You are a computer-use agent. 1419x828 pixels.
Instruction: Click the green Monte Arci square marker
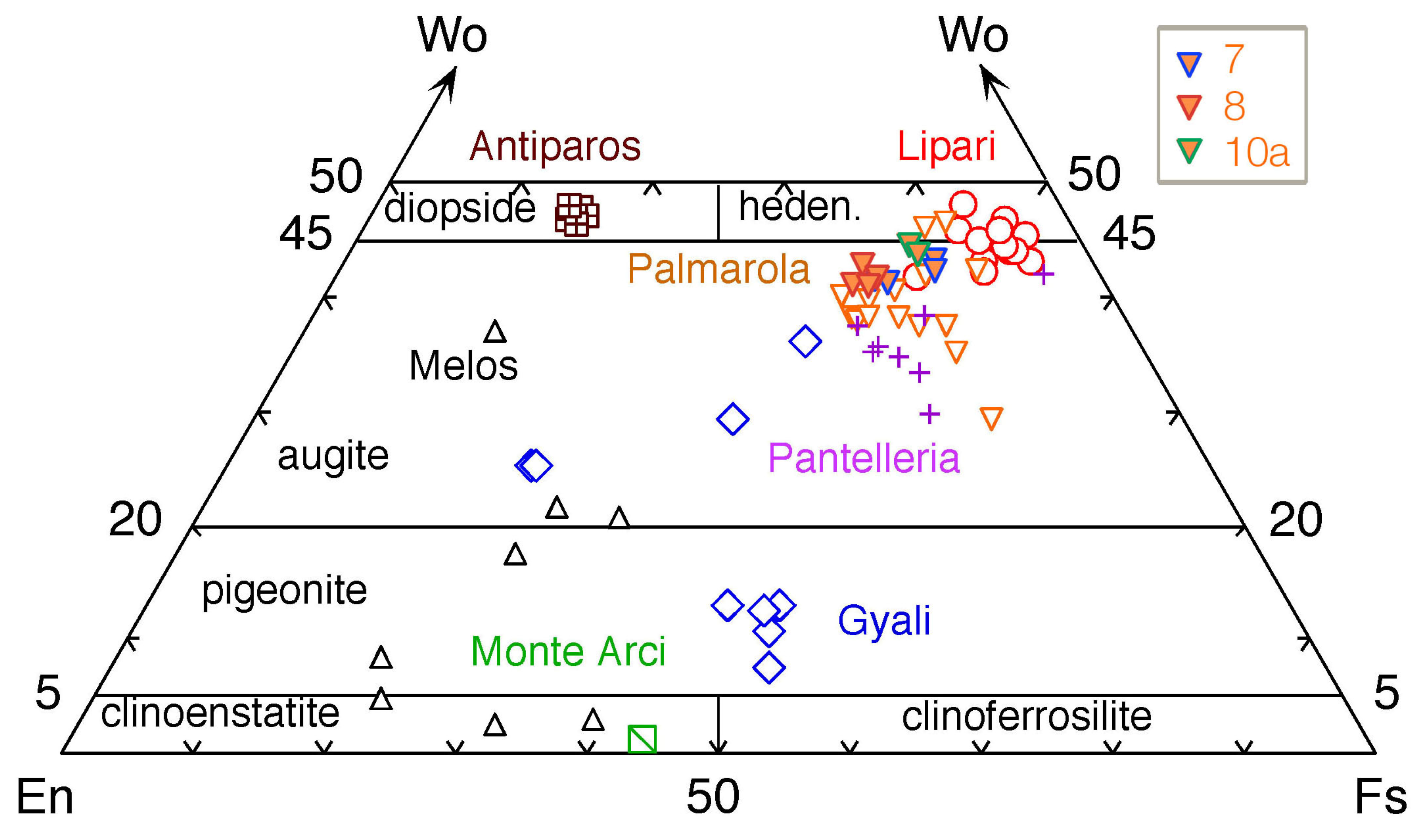[x=642, y=739]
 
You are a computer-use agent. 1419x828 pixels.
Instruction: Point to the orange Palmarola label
[x=718, y=269]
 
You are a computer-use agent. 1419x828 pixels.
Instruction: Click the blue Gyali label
[x=884, y=621]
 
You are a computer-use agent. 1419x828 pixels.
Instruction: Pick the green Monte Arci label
[x=567, y=652]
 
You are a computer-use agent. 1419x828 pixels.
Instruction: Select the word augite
[x=333, y=456]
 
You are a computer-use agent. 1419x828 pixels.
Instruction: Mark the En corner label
[x=45, y=797]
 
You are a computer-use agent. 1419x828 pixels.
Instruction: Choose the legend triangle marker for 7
[x=1189, y=64]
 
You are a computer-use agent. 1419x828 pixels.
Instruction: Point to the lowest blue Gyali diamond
[x=769, y=668]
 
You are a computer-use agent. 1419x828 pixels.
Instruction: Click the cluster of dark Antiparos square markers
[x=577, y=215]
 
